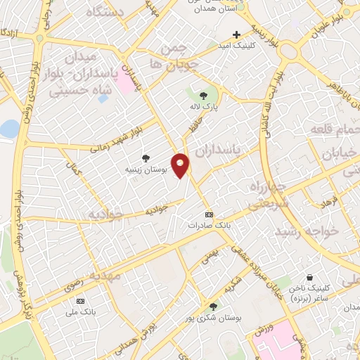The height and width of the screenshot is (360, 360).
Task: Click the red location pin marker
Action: click(x=181, y=165)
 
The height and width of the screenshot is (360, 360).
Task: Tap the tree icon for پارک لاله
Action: click(x=204, y=95)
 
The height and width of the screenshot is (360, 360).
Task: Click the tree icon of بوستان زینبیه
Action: click(x=146, y=158)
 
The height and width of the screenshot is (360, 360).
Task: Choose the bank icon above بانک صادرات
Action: click(x=208, y=214)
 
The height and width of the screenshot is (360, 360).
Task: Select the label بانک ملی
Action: click(x=79, y=310)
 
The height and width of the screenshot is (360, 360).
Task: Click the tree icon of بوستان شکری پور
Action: click(x=214, y=305)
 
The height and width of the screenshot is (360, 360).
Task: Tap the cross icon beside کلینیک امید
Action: click(x=236, y=34)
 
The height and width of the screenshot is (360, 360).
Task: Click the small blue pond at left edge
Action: click(x=8, y=129)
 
